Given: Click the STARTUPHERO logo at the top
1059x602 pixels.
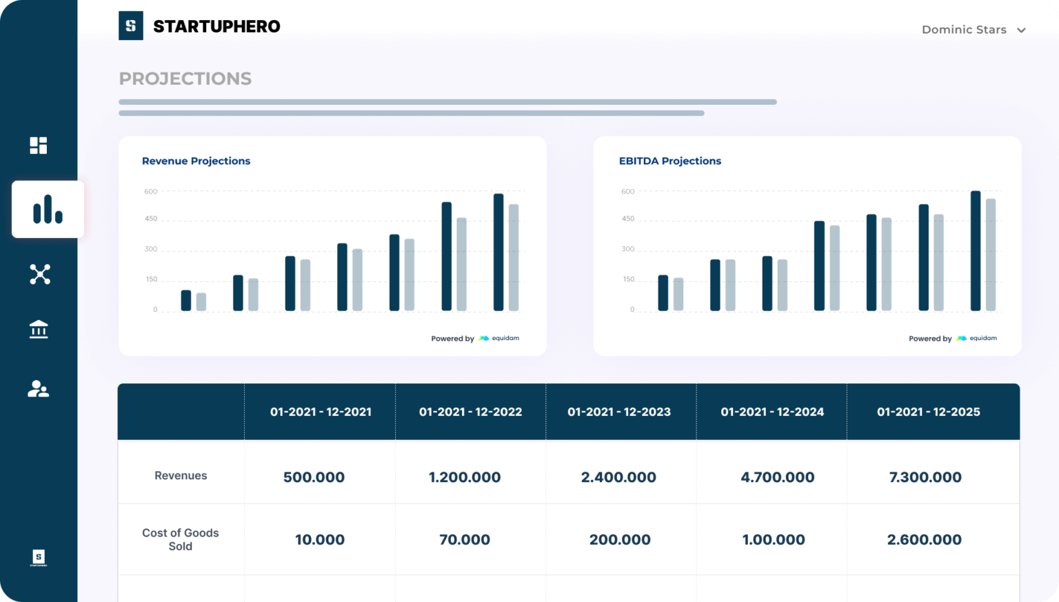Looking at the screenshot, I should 199,26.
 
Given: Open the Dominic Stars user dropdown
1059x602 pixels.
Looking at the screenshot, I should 973,30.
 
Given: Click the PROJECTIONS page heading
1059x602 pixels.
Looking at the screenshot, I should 185,79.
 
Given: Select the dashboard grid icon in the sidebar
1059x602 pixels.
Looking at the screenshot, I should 39,146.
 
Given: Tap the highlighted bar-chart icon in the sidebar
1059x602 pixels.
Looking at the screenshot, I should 48,210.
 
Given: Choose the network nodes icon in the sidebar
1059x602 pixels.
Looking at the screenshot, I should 40,274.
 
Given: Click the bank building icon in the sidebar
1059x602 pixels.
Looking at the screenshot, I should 39,330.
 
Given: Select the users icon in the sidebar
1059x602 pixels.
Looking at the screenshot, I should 39,389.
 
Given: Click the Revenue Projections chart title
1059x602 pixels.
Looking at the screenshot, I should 196,161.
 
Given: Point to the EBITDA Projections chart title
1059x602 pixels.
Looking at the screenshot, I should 669,161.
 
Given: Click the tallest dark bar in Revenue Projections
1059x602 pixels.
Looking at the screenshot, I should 498,252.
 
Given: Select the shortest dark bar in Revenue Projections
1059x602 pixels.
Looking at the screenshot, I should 186,300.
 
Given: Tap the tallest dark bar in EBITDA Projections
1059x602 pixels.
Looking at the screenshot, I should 975,250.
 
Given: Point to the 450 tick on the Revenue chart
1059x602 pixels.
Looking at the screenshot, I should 151,219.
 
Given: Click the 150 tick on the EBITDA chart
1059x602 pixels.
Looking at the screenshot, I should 628,279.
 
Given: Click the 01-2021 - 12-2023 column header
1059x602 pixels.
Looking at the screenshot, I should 619,412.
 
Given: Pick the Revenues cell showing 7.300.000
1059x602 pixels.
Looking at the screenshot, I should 925,477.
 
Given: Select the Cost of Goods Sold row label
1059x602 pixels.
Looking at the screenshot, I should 181,539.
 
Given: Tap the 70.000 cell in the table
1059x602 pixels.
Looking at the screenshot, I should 465,540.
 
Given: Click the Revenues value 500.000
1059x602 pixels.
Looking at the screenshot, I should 314,477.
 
